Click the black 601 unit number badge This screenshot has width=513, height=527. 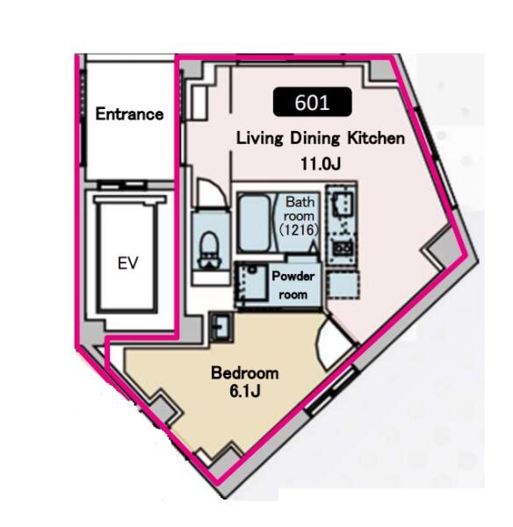point(313,102)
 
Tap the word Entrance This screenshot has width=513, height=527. point(129,114)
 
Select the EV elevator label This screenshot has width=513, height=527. point(127,263)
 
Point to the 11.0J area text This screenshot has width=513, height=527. point(321,163)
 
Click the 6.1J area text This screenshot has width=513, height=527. point(245,391)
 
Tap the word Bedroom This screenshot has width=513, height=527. point(245,373)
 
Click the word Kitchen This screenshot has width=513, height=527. point(376,138)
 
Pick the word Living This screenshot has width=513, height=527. point(259,139)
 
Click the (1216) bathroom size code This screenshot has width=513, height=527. point(299,229)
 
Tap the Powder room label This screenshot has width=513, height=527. point(293,285)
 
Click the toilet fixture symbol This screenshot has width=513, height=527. point(209,250)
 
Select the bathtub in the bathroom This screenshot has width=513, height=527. point(255,223)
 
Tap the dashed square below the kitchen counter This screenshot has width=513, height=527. point(343,285)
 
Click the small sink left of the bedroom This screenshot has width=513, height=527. point(220,328)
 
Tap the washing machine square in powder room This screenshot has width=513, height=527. point(251,284)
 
